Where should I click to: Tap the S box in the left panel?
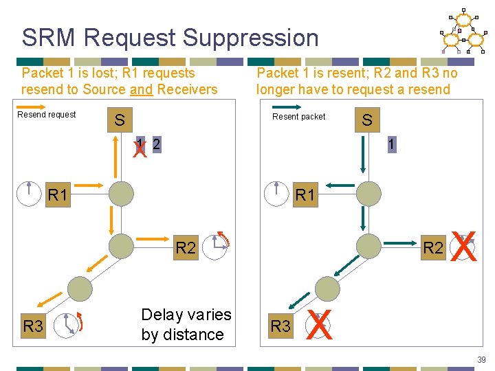[x=120, y=121]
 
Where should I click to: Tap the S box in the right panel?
[x=367, y=121]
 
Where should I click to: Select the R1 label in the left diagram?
[x=58, y=195]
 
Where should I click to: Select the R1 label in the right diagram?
[x=305, y=195]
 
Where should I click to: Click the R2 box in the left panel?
[x=186, y=248]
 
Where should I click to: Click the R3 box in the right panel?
[x=280, y=326]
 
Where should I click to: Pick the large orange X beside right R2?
[x=465, y=247]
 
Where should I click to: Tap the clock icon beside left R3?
[x=65, y=325]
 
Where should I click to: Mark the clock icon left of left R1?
[x=29, y=194]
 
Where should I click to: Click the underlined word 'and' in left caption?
[x=141, y=89]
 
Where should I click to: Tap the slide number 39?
[x=481, y=359]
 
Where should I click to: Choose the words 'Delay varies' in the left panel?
[x=186, y=315]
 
